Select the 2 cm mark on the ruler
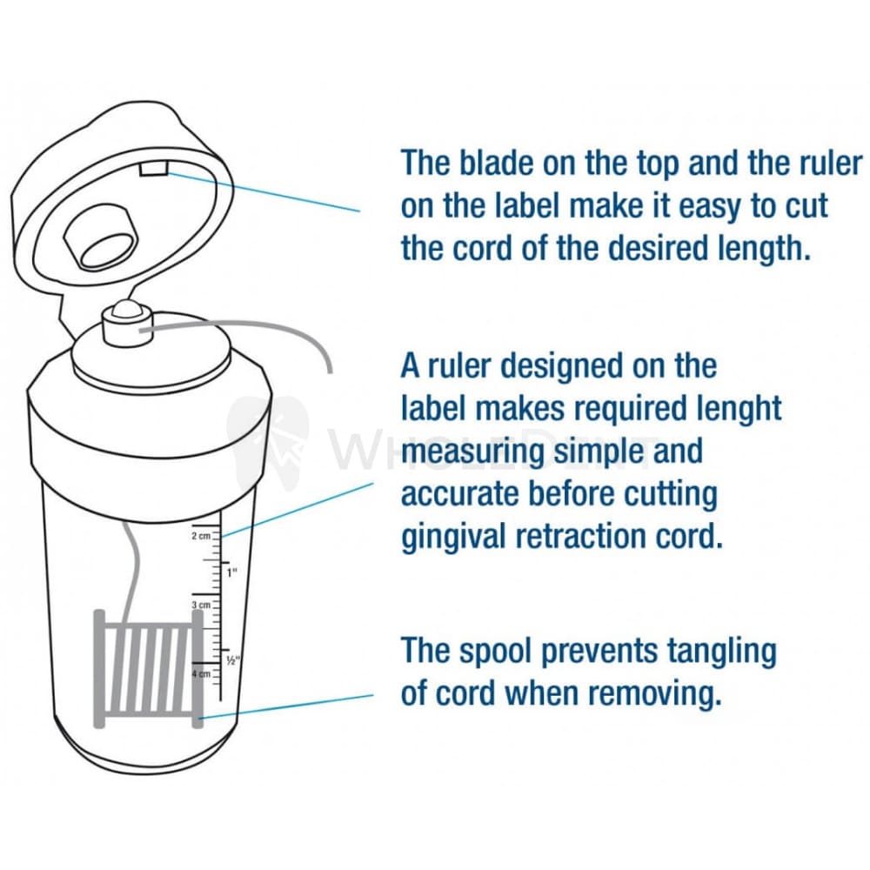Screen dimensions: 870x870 coord(201,537)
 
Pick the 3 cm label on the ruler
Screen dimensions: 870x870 coord(201,604)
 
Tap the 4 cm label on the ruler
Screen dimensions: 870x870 coord(200,674)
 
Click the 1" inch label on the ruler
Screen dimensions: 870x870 coord(231,573)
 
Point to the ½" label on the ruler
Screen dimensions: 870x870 coord(232,660)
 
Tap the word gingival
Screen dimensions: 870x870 coord(452,538)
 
